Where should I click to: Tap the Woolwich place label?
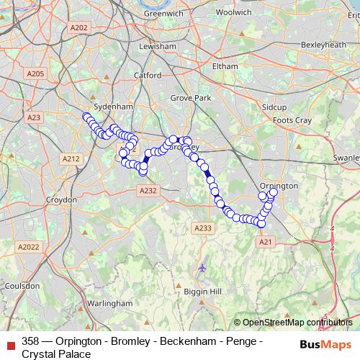tap(234, 12)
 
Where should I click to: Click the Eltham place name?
tap(225, 66)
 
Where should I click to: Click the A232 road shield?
tap(148, 189)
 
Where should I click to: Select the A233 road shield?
tap(203, 228)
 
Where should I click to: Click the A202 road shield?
tap(79, 28)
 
